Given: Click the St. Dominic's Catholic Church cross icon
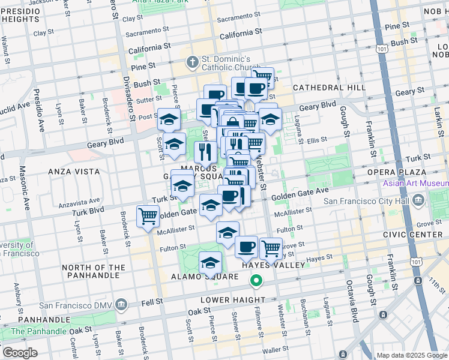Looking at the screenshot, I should (192, 61).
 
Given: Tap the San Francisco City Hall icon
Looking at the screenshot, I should (418, 200).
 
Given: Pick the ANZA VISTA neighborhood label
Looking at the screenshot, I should (73, 171).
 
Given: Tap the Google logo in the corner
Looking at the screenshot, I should (19, 353).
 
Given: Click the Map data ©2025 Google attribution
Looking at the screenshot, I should (412, 355).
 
